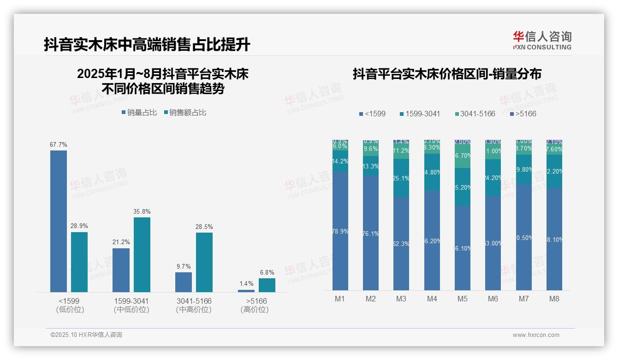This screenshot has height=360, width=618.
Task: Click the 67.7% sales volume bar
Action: [x=59, y=221]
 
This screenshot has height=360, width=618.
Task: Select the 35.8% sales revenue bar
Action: [x=142, y=254]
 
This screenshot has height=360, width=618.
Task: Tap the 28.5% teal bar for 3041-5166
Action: [x=204, y=262]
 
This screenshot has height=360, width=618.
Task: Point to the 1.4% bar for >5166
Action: [x=246, y=291]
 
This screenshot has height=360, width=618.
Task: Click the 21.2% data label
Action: [x=121, y=242]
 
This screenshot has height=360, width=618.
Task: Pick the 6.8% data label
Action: [x=267, y=272]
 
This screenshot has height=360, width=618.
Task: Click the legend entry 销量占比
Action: [x=139, y=113]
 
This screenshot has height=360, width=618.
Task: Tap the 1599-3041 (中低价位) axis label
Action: [x=131, y=305]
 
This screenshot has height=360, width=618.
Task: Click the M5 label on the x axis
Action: [x=463, y=299]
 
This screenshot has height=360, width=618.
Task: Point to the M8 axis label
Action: [x=554, y=299]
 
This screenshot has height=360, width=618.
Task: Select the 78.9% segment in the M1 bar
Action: [x=340, y=231]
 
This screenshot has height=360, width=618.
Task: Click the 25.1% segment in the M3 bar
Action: [x=401, y=178]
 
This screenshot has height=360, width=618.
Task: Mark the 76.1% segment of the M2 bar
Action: [x=371, y=233]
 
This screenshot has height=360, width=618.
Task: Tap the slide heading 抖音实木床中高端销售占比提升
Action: [x=147, y=45]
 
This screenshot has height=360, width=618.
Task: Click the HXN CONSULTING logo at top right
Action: [x=542, y=41]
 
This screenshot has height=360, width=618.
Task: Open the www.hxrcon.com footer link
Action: [x=536, y=335]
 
